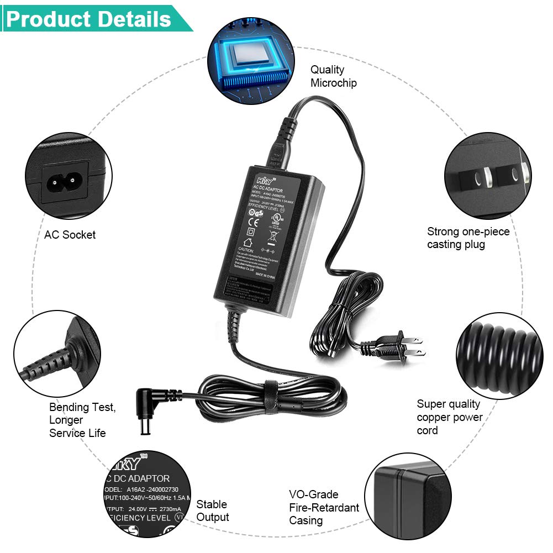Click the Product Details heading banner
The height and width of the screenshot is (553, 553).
coord(91,19)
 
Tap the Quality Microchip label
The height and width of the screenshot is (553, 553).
coord(333,76)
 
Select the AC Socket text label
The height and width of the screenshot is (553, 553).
coord(70,235)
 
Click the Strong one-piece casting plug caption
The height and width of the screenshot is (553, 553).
coord(468,238)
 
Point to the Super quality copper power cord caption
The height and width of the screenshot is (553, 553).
coord(449,417)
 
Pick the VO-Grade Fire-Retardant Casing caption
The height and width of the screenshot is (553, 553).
coord(324,507)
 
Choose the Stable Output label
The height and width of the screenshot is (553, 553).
coord(212,510)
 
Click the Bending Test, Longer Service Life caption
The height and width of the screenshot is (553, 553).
coord(82,420)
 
